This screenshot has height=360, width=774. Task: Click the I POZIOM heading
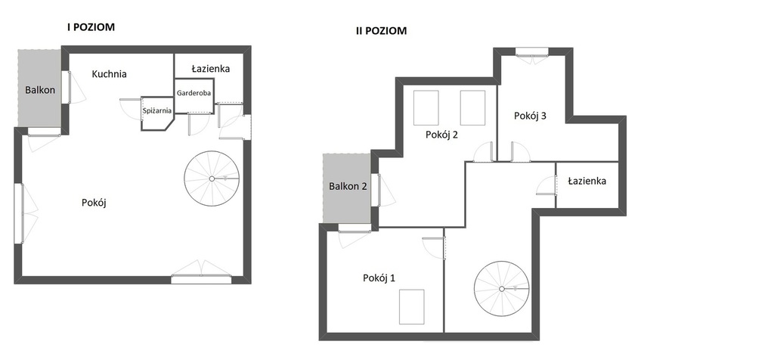tap(91, 27)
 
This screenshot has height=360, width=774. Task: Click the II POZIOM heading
tap(382, 30)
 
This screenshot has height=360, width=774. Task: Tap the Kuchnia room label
tap(109, 74)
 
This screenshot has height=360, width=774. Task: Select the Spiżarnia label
tap(157, 110)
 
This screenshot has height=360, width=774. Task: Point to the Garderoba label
tap(194, 93)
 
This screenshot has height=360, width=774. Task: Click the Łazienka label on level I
tap(211, 69)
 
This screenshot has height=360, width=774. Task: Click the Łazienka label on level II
tap(587, 181)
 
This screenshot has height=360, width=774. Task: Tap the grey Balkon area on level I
tap(40, 88)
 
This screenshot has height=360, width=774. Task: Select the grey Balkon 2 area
tap(348, 188)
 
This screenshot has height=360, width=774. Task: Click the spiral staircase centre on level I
tap(212, 178)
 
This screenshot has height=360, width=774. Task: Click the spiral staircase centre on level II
tap(502, 289)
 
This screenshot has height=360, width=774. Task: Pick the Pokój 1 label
tap(379, 278)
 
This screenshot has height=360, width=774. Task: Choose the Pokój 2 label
tap(441, 135)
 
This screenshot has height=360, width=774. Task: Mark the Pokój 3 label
tap(530, 116)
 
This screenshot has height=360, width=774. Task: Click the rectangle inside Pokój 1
tap(412, 306)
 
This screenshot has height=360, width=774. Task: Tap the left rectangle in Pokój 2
tap(426, 107)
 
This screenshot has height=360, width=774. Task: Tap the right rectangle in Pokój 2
tap(472, 107)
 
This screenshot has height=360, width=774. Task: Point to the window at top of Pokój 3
tap(532, 51)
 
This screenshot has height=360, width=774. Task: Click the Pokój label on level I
tap(94, 203)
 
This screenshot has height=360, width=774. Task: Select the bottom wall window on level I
tap(201, 280)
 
